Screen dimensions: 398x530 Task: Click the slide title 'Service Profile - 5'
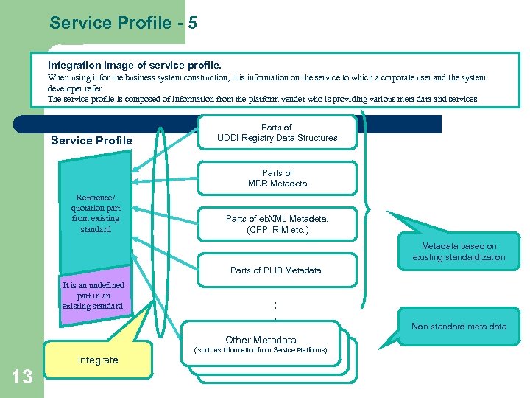(x=123, y=23)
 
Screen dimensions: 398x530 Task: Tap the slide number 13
(x=22, y=377)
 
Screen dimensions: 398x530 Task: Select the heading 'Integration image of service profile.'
(x=134, y=66)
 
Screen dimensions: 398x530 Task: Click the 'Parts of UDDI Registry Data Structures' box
(x=277, y=133)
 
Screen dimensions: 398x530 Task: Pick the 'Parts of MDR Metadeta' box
(x=277, y=178)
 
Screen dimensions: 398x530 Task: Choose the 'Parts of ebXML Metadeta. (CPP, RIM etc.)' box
(x=277, y=224)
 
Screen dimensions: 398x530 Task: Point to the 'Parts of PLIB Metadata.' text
(x=277, y=270)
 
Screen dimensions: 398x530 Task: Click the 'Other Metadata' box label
(x=261, y=340)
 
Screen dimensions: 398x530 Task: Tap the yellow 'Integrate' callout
(x=97, y=360)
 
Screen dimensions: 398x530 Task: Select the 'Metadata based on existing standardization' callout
(x=459, y=251)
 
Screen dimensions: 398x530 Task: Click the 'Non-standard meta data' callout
(x=459, y=327)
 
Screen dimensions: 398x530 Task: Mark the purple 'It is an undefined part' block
(x=93, y=296)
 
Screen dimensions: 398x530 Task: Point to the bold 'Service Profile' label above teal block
(x=91, y=141)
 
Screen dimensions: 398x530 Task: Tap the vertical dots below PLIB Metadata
(x=275, y=309)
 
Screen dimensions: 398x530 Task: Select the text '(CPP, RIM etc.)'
(x=278, y=230)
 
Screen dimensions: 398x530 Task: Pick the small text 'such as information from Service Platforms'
(x=261, y=350)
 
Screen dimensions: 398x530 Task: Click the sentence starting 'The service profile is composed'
(x=263, y=98)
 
